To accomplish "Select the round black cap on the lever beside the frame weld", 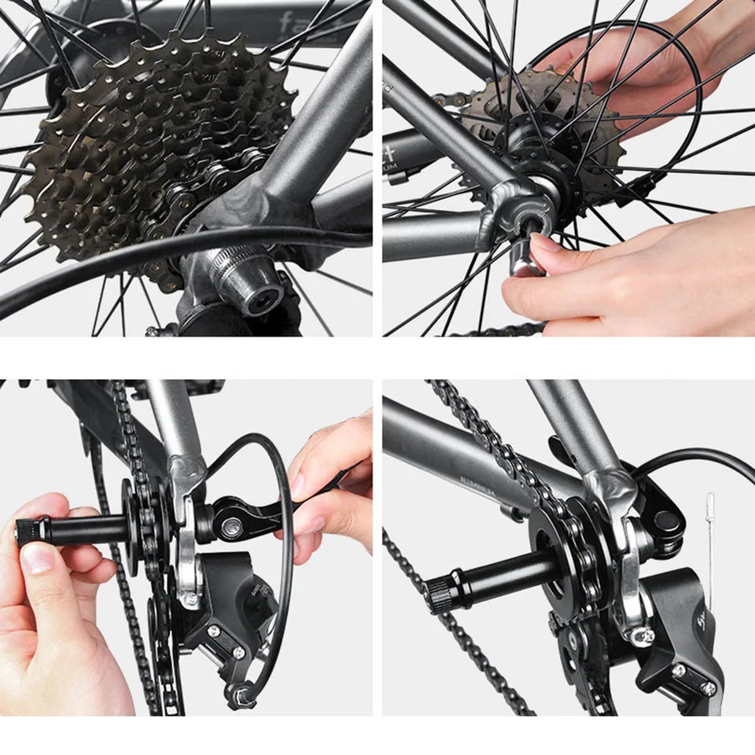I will [667, 521].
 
